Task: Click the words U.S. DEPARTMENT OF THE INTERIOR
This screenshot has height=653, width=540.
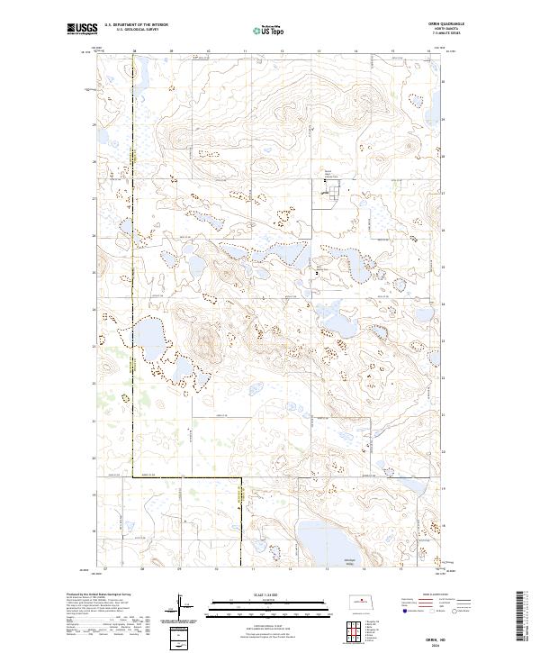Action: pos(136,25)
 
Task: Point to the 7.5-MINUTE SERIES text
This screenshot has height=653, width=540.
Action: pos(435,37)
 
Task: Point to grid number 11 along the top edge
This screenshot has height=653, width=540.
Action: pos(245,52)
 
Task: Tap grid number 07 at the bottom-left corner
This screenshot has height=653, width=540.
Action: pos(105,569)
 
